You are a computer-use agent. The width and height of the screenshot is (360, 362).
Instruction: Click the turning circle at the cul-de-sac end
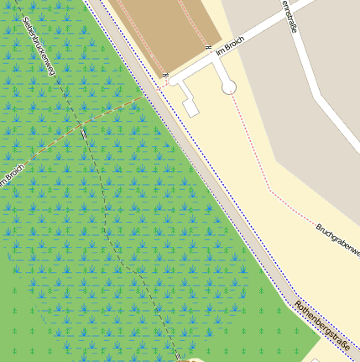coord(229,87)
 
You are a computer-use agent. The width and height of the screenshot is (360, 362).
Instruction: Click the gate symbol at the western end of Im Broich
coord(166,77)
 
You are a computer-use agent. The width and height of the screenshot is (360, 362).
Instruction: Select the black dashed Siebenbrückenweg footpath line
coord(126,244)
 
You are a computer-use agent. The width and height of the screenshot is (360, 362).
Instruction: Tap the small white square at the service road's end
coord(191,108)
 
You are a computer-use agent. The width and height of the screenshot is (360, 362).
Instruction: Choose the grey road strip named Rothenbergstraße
coord(218,193)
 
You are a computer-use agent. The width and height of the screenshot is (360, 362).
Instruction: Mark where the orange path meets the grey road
coord(148,96)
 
